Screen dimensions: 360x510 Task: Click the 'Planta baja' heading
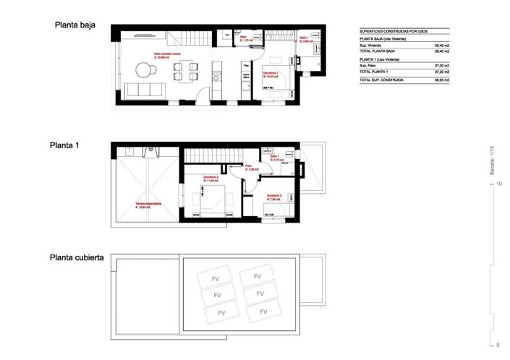pyautogui.click(x=76, y=25)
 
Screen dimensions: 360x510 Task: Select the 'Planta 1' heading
pyautogui.click(x=64, y=145)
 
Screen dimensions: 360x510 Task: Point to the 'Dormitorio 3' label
pyautogui.click(x=273, y=196)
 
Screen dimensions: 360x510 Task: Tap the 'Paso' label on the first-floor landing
pyautogui.click(x=248, y=166)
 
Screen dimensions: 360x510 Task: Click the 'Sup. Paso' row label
pyautogui.click(x=367, y=66)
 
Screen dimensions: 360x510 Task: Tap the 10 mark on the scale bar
pyautogui.click(x=499, y=184)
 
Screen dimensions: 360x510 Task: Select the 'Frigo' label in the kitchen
pyautogui.click(x=246, y=66)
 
